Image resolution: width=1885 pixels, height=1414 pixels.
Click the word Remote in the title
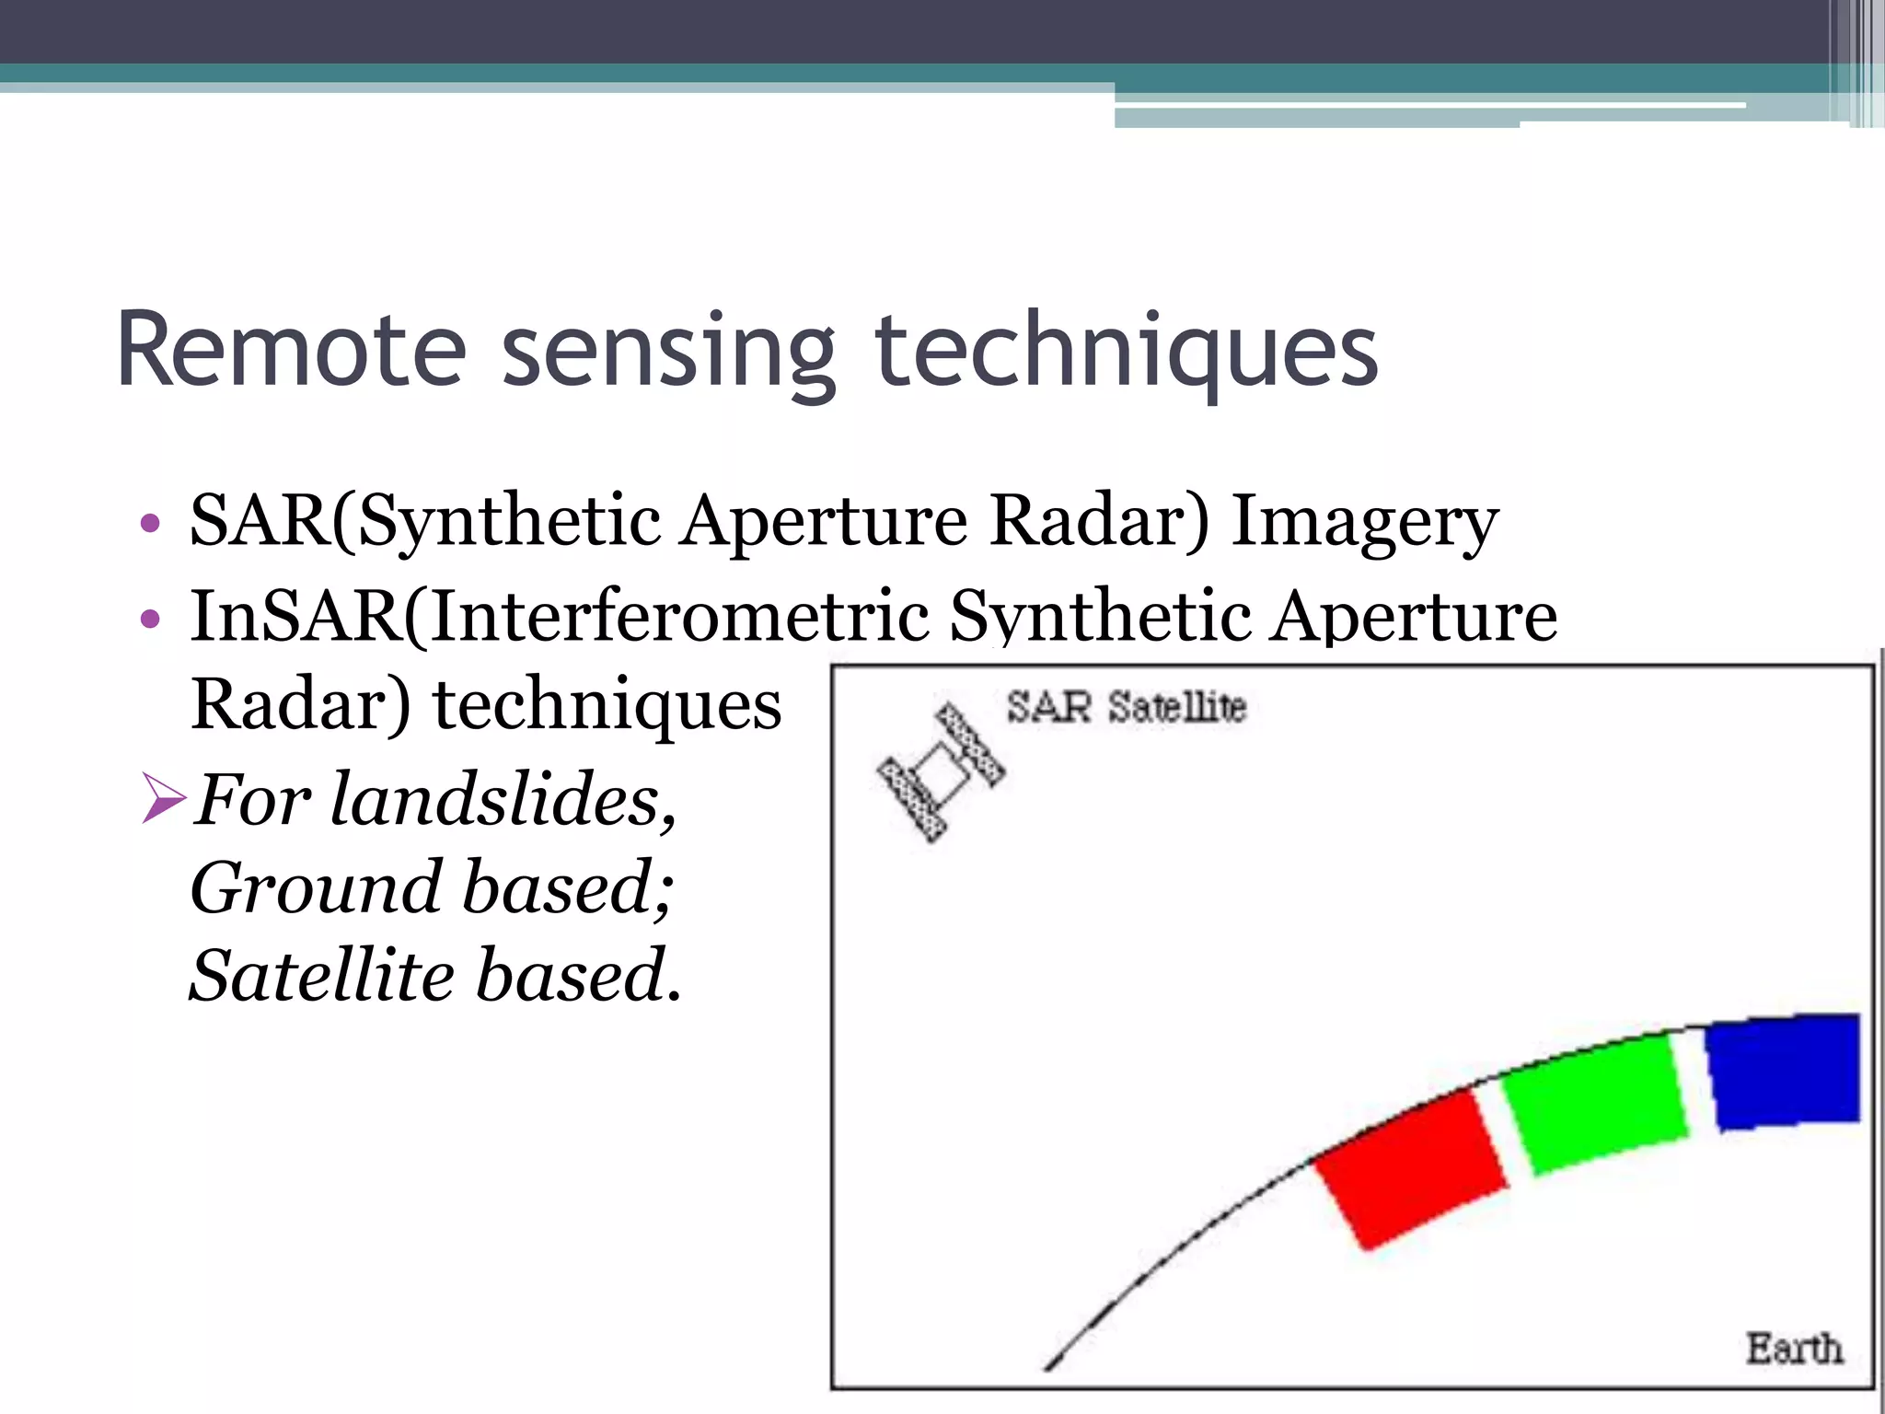293,352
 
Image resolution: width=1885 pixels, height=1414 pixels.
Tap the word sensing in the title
668,354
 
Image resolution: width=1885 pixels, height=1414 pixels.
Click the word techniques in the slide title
1125,354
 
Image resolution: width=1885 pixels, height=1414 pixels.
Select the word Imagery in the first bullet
1364,522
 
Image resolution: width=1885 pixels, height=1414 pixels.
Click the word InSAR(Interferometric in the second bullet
560,616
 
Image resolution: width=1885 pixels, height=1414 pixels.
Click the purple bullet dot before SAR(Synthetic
150,525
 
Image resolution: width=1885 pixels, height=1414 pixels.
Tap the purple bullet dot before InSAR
150,618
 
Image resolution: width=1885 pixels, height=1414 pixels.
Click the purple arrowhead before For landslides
164,797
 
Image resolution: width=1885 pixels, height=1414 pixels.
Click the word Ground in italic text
316,887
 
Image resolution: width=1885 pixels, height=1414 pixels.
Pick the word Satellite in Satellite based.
321,976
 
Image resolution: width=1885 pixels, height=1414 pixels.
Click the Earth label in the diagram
1794,1349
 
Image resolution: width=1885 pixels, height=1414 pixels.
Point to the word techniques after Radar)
607,705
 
